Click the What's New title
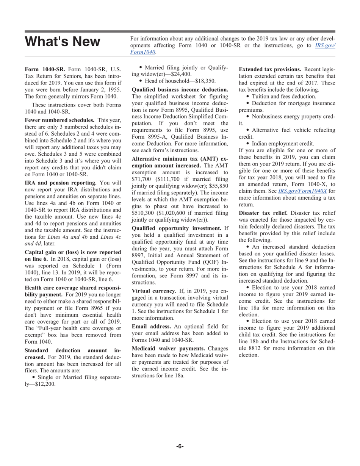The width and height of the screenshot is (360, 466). pyautogui.click(x=63, y=42)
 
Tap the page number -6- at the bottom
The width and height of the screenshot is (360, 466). pyautogui.click(x=180, y=446)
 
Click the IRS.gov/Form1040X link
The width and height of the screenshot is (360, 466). pyautogui.click(x=302, y=191)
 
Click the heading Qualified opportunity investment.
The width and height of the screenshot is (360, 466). pyautogui.click(x=176, y=228)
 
